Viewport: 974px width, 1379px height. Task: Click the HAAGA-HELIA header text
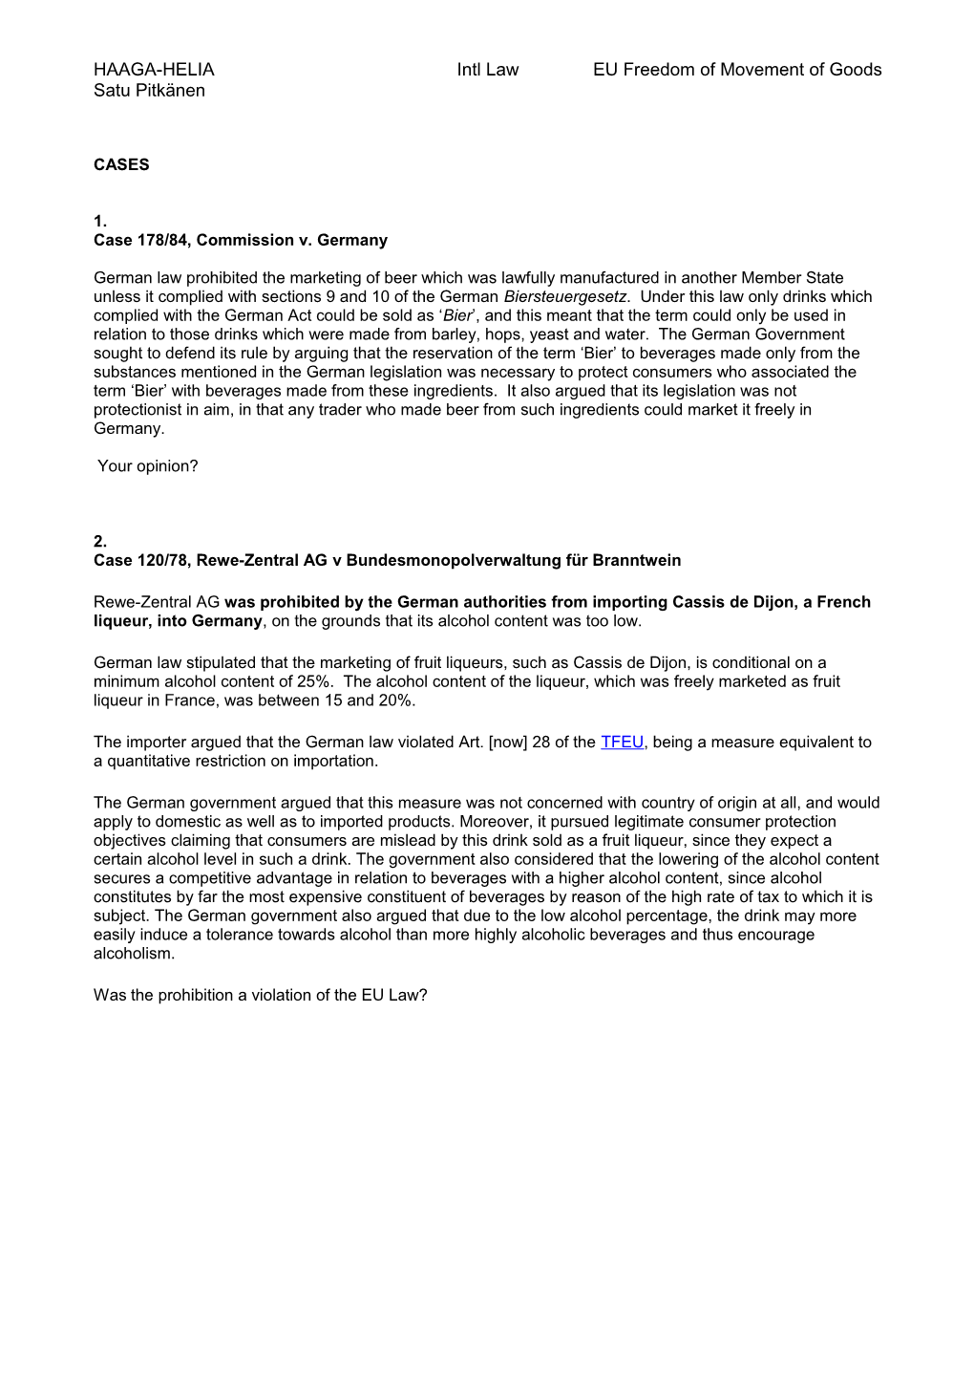[x=154, y=70]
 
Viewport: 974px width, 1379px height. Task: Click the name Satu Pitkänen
[x=149, y=91]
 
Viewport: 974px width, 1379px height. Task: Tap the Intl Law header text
[x=487, y=70]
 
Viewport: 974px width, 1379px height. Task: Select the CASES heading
[x=121, y=164]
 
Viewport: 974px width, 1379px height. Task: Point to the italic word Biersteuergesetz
[x=564, y=297]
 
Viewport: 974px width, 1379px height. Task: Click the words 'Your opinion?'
[x=148, y=466]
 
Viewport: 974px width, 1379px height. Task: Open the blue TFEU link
[x=623, y=743]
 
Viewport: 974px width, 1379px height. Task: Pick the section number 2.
[x=100, y=542]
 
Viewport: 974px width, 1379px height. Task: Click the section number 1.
[x=100, y=222]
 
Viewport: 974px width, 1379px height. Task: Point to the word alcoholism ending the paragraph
[x=133, y=954]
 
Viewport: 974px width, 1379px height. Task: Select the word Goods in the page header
[x=858, y=70]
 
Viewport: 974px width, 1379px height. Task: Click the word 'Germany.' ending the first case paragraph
[x=129, y=429]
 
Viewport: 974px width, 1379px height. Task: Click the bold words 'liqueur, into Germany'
[x=178, y=621]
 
